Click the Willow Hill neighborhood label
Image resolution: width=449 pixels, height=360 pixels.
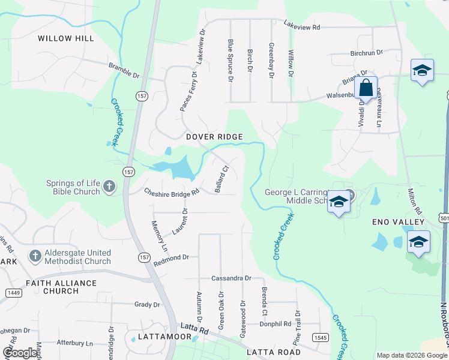pos(66,38)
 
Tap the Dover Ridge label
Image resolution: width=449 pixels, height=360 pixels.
pos(214,137)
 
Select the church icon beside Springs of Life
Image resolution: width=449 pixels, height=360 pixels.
pos(109,187)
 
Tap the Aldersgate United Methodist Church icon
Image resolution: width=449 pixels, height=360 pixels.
pos(35,256)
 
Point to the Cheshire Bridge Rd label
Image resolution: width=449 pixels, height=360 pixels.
pos(172,193)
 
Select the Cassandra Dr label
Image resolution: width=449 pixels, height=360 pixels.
pos(231,278)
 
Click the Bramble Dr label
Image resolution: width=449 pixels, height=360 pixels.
pos(124,70)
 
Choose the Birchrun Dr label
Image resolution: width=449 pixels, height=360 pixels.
pos(366,53)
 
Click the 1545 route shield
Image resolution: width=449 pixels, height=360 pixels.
pos(320,338)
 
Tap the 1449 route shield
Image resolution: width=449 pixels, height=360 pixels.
pos(14,292)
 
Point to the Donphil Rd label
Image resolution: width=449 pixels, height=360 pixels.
pos(275,323)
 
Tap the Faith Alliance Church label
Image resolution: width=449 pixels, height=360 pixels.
pos(61,287)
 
